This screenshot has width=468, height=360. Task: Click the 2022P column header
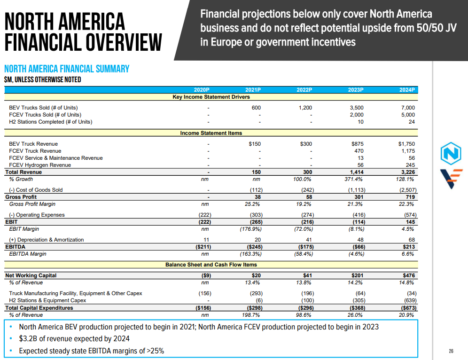(304, 90)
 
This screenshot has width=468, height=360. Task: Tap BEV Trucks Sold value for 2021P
(256, 108)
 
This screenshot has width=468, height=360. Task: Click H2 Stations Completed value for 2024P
(412, 122)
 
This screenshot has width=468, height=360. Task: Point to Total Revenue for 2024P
(408, 172)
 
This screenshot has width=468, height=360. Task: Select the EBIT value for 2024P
(410, 222)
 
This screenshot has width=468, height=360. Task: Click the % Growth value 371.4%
(355, 179)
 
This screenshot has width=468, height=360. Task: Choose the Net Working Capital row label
(31, 275)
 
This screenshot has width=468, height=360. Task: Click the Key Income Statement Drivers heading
(211, 97)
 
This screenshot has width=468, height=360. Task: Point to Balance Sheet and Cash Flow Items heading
(211, 265)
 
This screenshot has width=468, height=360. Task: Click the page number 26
(451, 351)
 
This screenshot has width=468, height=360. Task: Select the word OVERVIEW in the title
(117, 43)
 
